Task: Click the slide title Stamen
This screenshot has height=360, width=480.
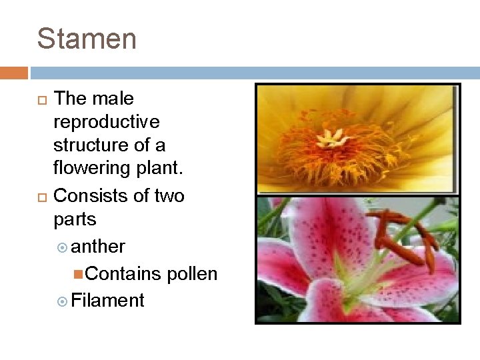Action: click(x=87, y=39)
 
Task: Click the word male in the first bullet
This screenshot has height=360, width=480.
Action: click(x=113, y=99)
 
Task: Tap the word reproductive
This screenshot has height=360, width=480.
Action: click(x=106, y=122)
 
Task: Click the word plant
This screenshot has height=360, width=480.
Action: click(x=161, y=168)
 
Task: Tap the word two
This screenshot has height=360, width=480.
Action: click(x=169, y=195)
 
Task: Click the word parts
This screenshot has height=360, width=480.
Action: click(x=75, y=219)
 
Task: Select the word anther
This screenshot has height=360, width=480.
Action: click(x=98, y=247)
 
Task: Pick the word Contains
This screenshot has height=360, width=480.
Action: click(x=123, y=274)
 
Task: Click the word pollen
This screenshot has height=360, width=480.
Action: click(x=192, y=274)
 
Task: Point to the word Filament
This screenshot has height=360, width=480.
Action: click(x=107, y=301)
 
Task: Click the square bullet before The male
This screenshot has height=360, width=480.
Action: click(x=41, y=99)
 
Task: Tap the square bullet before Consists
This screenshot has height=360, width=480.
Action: click(x=41, y=196)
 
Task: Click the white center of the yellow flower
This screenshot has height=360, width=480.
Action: click(x=331, y=138)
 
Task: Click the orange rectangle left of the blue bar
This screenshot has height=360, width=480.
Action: click(x=13, y=73)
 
